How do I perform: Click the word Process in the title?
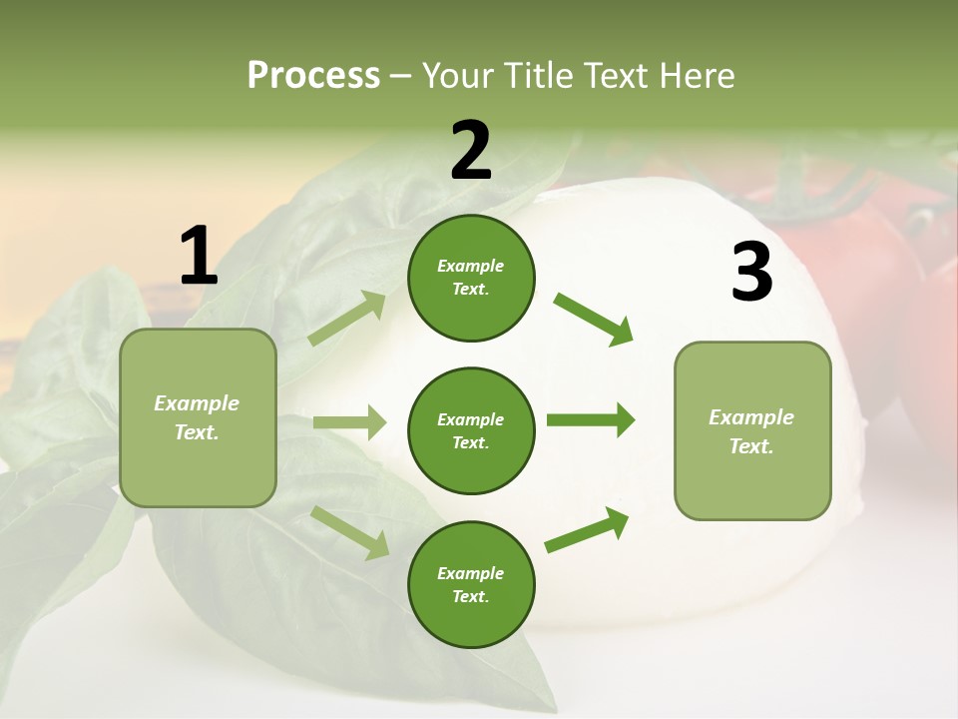313,75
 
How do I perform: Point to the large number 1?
199,257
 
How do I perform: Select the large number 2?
471,151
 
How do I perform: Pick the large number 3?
751,273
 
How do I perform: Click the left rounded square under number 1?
198,417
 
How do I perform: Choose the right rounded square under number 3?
752,431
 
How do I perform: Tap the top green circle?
471,278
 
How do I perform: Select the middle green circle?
471,430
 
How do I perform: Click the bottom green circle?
471,584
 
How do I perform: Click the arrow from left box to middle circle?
349,422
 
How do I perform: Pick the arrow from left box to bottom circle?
349,532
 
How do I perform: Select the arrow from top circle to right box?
593,319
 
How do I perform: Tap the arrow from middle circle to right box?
590,420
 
